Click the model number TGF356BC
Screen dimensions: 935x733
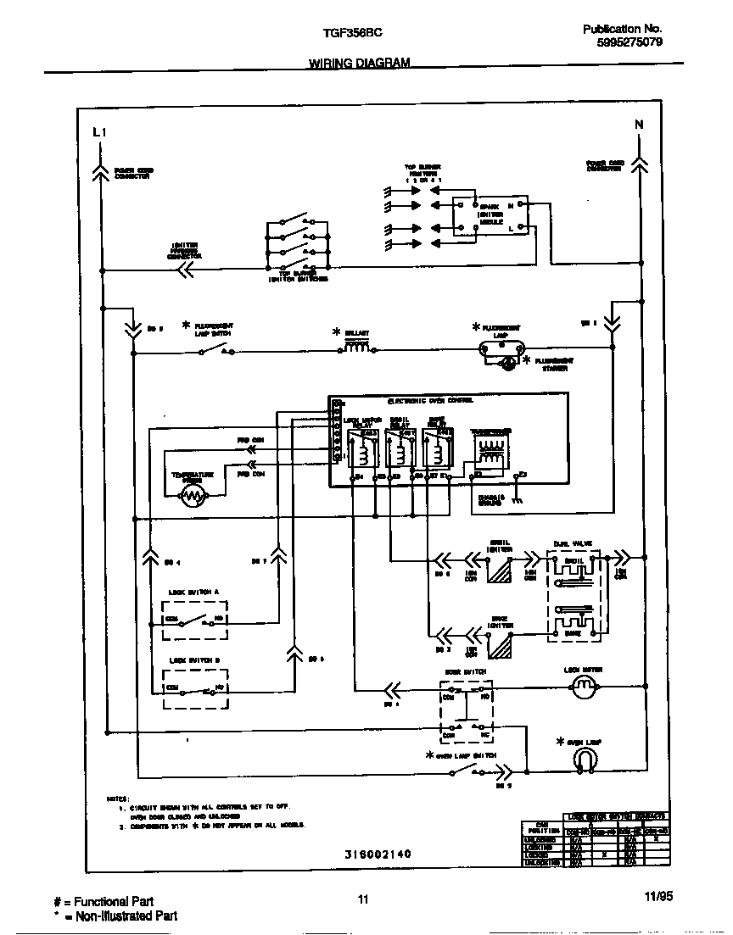[352, 31]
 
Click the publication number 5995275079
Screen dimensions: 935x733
[629, 42]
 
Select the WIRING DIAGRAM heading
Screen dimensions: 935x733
[359, 64]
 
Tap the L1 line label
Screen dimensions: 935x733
[99, 131]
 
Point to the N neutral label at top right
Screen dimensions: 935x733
[639, 125]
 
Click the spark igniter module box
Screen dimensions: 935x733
[486, 217]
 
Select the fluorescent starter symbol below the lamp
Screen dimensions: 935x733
[508, 365]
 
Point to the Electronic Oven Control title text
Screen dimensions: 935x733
[429, 400]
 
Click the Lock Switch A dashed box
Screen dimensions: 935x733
[196, 621]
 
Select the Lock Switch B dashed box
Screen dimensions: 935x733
[196, 687]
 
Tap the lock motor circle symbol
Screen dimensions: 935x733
[582, 688]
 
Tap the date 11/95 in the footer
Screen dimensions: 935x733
[657, 899]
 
